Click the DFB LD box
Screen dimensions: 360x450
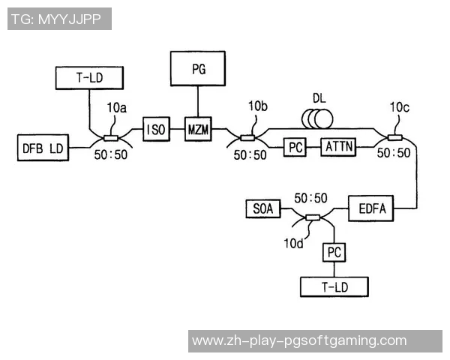(42, 148)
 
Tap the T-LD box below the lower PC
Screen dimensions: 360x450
(334, 286)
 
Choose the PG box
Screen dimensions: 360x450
(199, 69)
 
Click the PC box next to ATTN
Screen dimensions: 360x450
(295, 148)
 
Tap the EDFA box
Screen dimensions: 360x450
(370, 208)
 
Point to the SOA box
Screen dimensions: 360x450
(263, 208)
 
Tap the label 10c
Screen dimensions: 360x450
(400, 107)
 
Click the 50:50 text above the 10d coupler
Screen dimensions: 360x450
(310, 198)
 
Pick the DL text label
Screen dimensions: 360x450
(320, 98)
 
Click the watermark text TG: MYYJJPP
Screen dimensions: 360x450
(59, 19)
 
